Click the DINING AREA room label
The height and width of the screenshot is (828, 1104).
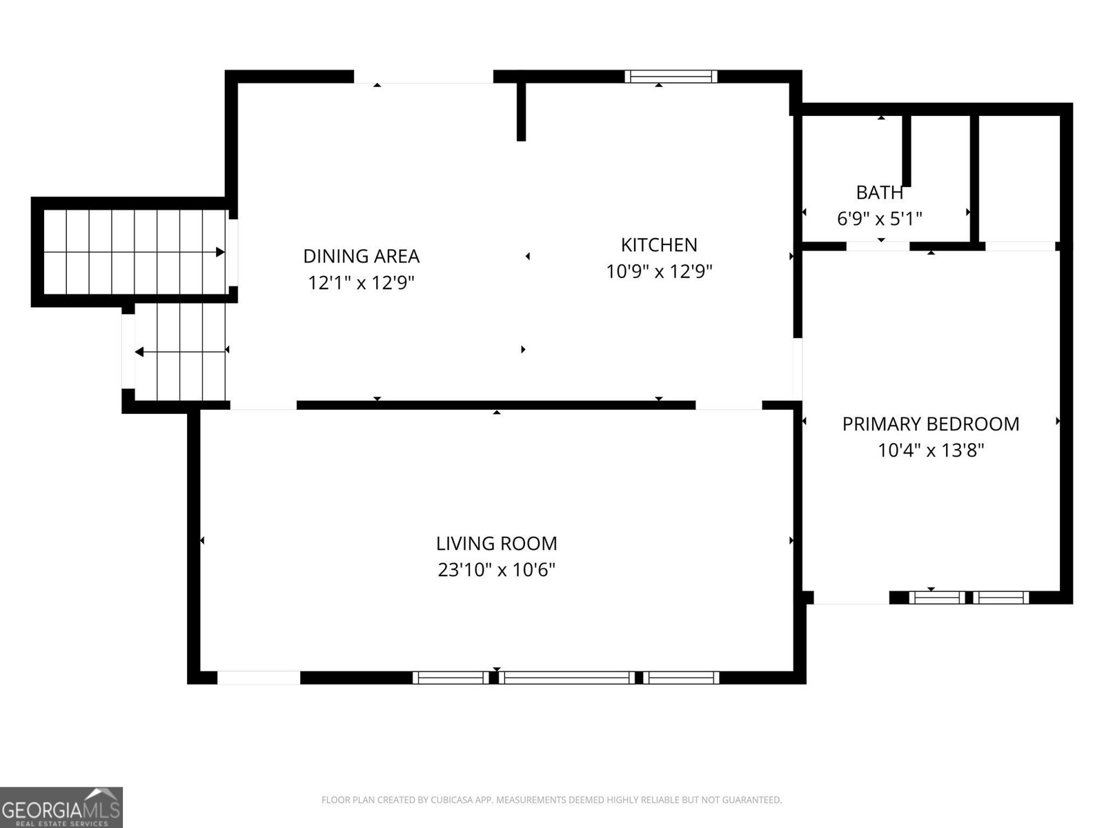pos(361,257)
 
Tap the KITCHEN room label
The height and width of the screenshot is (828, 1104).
pos(659,246)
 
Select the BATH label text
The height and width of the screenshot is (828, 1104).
pos(879,193)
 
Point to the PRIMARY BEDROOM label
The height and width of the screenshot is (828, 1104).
pos(931,424)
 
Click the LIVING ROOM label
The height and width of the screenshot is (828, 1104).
pos(496,544)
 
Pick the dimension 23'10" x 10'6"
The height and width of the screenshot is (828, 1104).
pos(496,570)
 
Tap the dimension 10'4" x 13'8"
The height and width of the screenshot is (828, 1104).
pos(931,451)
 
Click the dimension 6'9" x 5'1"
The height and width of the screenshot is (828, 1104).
pos(879,219)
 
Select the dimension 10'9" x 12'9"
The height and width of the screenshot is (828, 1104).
pos(659,272)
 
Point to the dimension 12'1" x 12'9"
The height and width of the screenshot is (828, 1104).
pos(361,283)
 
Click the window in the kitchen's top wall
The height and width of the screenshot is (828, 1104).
pos(671,77)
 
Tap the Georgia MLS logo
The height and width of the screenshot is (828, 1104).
pos(61,807)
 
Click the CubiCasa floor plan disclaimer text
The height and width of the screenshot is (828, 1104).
pos(552,800)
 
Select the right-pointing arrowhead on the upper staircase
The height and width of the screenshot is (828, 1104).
pos(220,252)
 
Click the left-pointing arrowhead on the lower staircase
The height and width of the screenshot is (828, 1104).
pos(139,352)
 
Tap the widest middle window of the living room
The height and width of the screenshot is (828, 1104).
pos(567,678)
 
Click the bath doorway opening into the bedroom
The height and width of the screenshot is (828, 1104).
pos(878,246)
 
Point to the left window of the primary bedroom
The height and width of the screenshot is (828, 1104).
pos(937,598)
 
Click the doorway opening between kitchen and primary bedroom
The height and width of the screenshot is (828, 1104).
pos(797,370)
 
